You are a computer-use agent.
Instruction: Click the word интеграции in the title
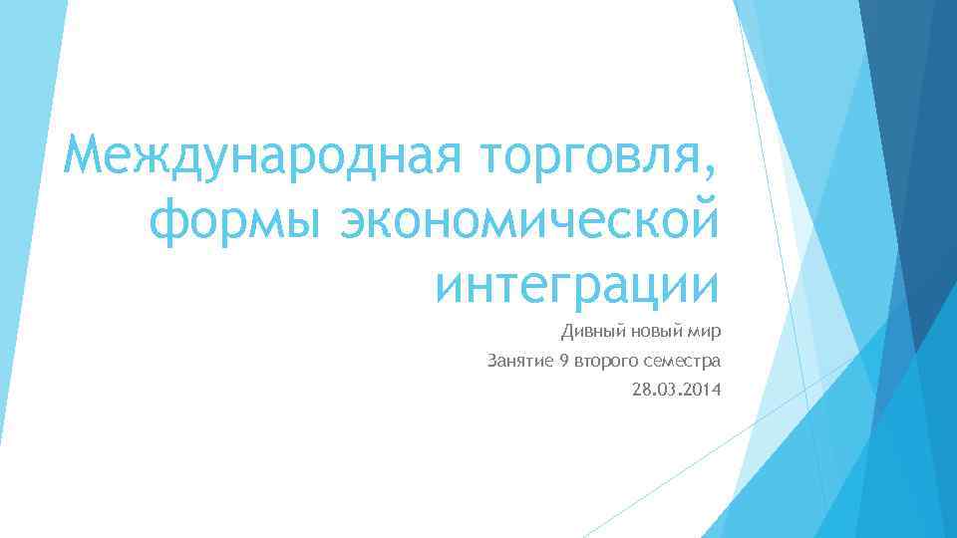[x=577, y=285]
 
